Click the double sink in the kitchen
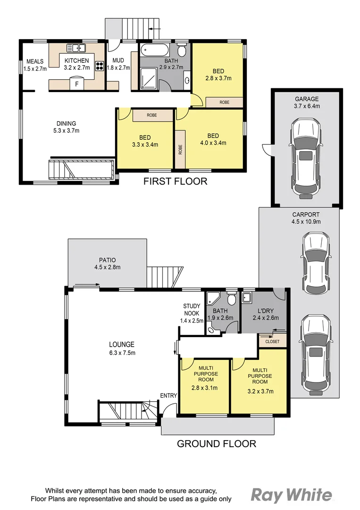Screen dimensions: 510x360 point(75,48)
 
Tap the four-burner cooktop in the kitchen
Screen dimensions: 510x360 point(100,66)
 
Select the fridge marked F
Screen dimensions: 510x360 point(77,84)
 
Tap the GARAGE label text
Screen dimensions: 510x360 point(307,99)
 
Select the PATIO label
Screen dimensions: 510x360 point(107,260)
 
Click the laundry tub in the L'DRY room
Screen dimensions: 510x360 point(246,297)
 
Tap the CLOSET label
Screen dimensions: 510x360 point(272,341)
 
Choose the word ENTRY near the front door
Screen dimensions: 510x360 point(168,395)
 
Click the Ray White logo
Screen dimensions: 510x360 point(291,495)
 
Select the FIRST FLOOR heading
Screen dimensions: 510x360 point(175,181)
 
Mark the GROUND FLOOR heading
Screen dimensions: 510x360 point(216,443)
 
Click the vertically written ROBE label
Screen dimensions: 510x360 point(180,150)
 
